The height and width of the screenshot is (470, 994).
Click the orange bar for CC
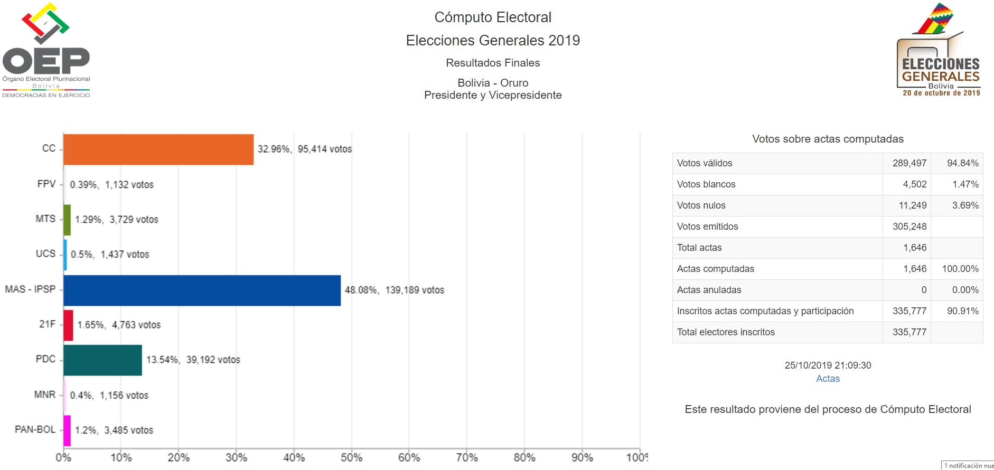pyautogui.click(x=158, y=149)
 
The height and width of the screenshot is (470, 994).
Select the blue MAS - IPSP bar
pyautogui.click(x=202, y=290)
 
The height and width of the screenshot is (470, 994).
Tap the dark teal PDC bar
pyautogui.click(x=102, y=360)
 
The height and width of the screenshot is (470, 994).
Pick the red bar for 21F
pyautogui.click(x=68, y=325)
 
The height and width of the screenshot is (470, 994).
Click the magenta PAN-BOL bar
pyautogui.click(x=67, y=430)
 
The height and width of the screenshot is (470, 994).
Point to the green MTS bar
pyautogui.click(x=67, y=220)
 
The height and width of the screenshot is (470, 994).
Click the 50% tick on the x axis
pyautogui.click(x=351, y=457)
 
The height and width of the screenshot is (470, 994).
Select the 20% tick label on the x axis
pyautogui.click(x=179, y=457)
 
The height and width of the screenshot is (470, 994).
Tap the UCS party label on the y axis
pyautogui.click(x=45, y=253)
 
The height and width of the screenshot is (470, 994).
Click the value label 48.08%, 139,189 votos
pyautogui.click(x=394, y=290)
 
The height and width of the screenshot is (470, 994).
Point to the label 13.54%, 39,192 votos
pyautogui.click(x=193, y=360)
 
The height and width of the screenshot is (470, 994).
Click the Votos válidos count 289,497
pyautogui.click(x=909, y=163)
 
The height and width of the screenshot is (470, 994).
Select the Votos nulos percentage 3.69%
pyautogui.click(x=965, y=205)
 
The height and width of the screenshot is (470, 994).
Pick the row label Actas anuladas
pyautogui.click(x=709, y=290)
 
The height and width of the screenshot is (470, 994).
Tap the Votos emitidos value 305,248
pyautogui.click(x=909, y=227)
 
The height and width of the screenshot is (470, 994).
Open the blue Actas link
pyautogui.click(x=828, y=379)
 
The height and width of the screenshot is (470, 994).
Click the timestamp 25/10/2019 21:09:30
pyautogui.click(x=828, y=365)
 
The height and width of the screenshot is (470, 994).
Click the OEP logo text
pyautogui.click(x=46, y=61)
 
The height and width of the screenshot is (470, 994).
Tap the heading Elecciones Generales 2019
pyautogui.click(x=492, y=41)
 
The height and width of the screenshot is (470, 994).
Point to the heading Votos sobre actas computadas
pyautogui.click(x=828, y=139)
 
